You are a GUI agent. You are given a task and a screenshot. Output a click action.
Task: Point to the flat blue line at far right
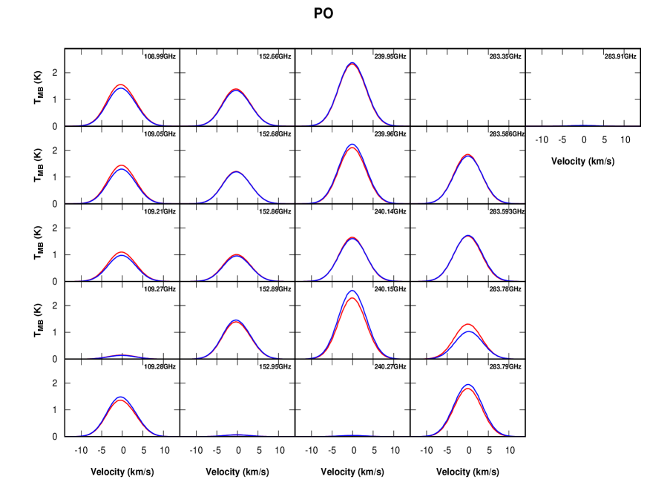tap(583, 125)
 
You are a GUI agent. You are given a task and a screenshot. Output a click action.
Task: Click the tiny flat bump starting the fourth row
tap(122, 356)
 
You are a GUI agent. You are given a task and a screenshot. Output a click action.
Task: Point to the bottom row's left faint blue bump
tap(236, 434)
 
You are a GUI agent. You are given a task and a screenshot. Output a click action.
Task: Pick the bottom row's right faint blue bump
tap(352, 435)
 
